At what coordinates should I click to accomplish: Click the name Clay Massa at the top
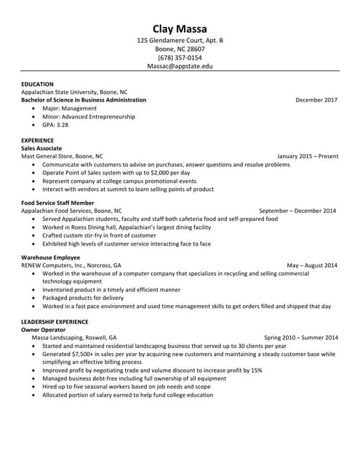[180, 28]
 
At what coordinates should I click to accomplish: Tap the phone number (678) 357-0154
[180, 57]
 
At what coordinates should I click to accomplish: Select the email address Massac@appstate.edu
[180, 65]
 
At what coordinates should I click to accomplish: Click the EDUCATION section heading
[38, 84]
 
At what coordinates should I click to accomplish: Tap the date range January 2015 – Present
[308, 155]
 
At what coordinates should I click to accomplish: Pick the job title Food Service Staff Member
[57, 203]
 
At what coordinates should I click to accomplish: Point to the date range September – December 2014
[297, 211]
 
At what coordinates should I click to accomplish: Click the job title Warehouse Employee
[50, 257]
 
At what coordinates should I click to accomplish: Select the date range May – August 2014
[312, 265]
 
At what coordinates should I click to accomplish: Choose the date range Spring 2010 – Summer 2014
[300, 338]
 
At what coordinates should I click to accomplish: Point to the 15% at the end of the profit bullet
[256, 370]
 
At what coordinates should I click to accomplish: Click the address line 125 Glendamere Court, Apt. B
[180, 41]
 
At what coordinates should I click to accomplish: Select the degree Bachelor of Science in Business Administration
[84, 100]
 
